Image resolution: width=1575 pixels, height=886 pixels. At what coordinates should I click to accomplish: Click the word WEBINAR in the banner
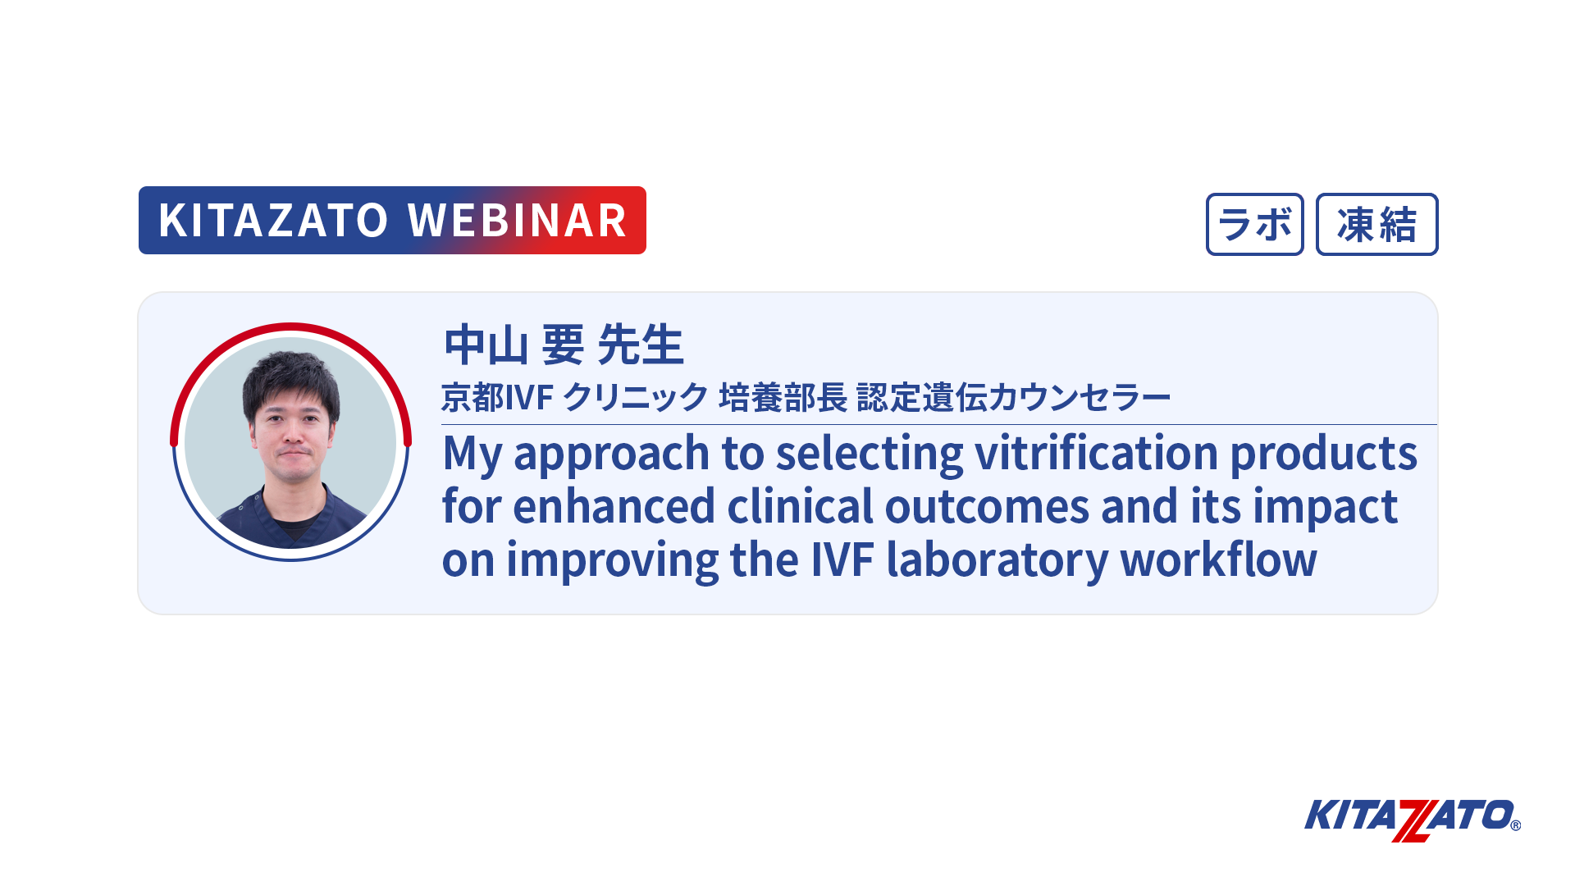(x=518, y=221)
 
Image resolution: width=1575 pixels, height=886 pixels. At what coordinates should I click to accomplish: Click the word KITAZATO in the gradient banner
(x=273, y=221)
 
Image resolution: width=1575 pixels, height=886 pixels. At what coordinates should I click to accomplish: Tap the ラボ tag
(x=1254, y=224)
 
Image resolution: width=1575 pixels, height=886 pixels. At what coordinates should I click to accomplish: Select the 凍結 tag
(x=1376, y=224)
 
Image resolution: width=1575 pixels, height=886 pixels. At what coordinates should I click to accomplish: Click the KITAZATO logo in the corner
(x=1412, y=820)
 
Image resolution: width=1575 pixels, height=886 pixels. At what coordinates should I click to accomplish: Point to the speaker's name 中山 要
(x=514, y=345)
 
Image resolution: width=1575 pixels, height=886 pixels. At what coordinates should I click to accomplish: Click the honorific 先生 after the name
(x=641, y=345)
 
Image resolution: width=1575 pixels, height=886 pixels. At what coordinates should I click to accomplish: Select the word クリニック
(x=635, y=398)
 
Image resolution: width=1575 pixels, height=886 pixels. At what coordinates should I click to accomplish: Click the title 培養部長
(x=783, y=398)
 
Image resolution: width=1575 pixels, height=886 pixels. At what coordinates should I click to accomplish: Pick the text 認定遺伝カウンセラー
(x=1014, y=398)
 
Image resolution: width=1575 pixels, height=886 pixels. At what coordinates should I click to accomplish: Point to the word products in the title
(x=1324, y=454)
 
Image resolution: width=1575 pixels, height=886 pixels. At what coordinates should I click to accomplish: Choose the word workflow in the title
(x=1219, y=559)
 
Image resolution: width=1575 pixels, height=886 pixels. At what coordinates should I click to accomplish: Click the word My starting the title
(x=472, y=454)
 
